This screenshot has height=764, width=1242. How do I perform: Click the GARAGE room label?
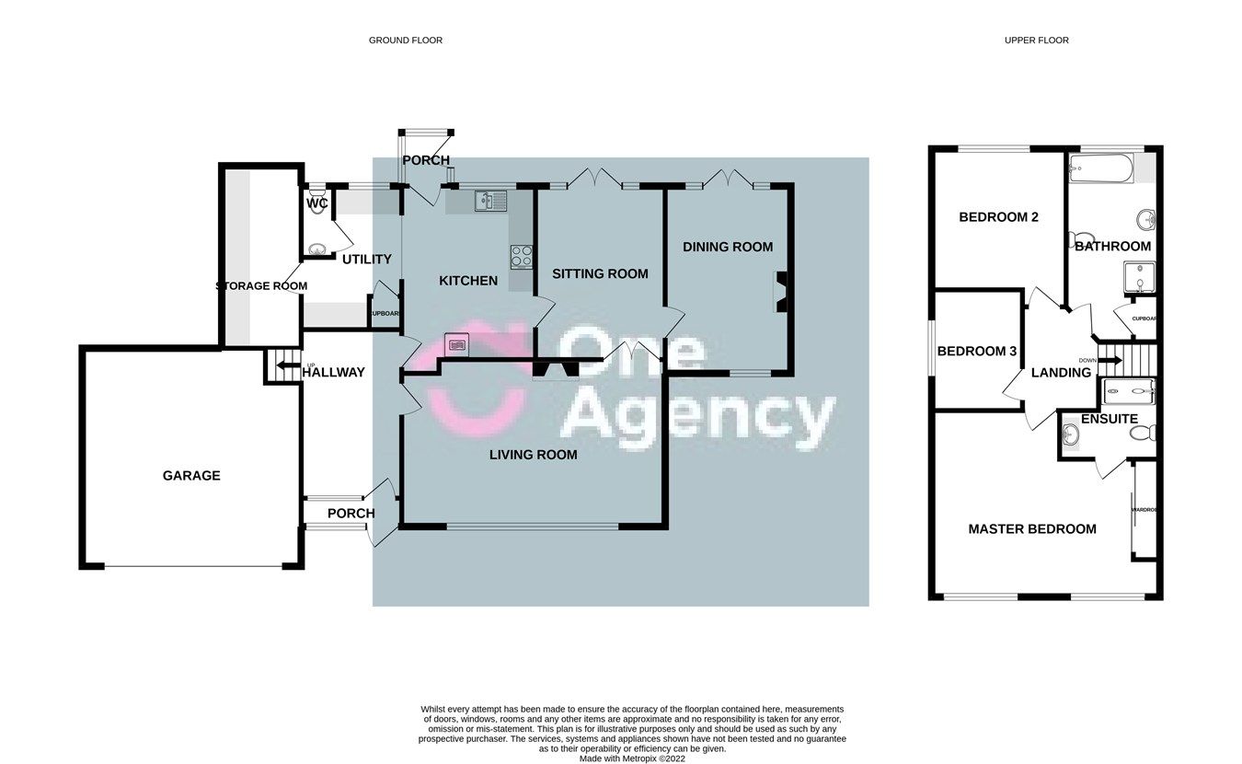point(191,476)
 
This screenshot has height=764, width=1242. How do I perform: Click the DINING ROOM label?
point(727,247)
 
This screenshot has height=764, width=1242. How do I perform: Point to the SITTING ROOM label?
point(600,273)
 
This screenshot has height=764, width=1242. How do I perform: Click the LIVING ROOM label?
point(533,455)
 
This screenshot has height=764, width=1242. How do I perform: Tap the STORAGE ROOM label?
point(261,286)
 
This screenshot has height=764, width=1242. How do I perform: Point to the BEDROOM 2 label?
point(998,218)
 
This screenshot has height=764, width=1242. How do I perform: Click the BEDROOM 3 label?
point(976,352)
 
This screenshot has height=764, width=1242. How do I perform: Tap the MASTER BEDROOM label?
point(1031,529)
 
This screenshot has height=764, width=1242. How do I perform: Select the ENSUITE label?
point(1109,419)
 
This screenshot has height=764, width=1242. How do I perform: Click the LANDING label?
point(1061,373)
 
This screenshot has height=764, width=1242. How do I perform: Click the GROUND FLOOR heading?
point(406,41)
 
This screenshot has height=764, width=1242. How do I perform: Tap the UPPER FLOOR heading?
point(1037,41)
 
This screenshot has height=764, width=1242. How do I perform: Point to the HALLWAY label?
point(334,373)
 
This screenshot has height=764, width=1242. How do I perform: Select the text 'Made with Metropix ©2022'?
point(632,759)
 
